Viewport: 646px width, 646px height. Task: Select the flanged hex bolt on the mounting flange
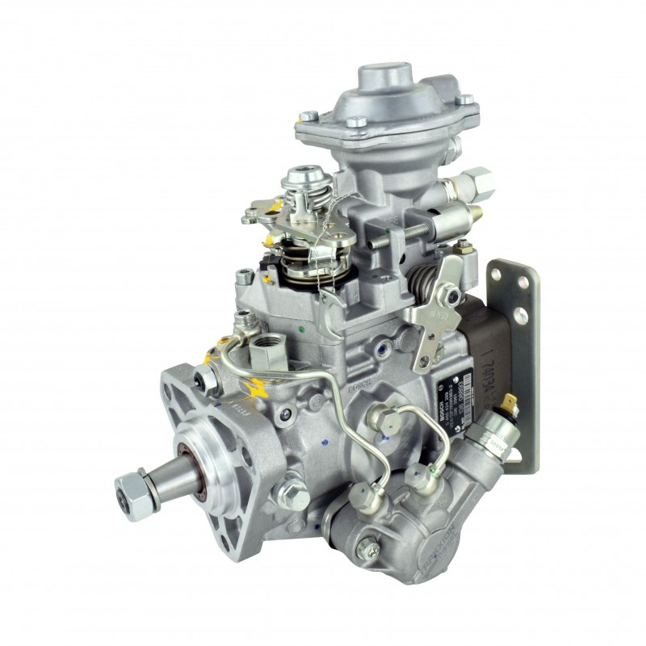(292, 489)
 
